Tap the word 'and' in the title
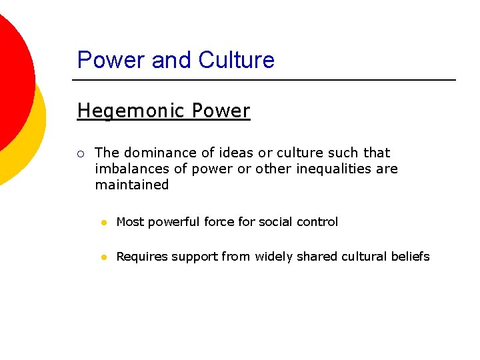170,60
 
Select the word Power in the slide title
111,60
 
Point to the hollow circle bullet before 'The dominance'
80,153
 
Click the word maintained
132,185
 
